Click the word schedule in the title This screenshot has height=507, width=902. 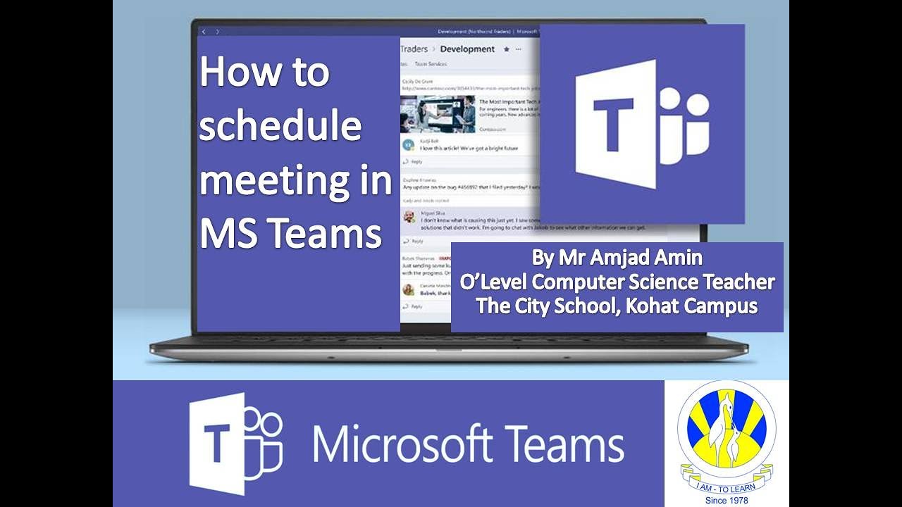(x=280, y=127)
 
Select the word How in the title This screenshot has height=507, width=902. (x=234, y=73)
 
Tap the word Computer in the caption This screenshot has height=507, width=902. (x=573, y=282)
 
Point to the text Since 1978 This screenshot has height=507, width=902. (x=726, y=500)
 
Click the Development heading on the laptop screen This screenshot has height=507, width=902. (x=467, y=49)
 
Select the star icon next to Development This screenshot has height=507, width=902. (x=505, y=49)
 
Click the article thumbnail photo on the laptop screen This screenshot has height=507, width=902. (x=428, y=114)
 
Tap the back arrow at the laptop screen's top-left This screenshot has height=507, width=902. (x=204, y=32)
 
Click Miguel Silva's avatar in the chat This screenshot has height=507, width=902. (x=409, y=215)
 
